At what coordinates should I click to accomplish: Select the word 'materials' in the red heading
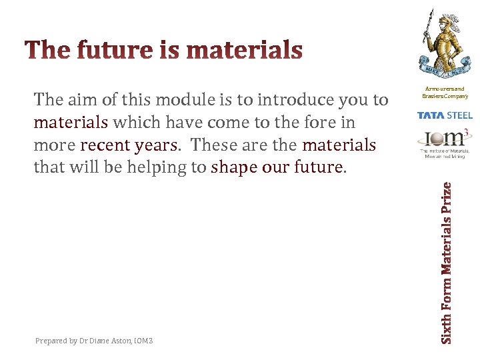245,50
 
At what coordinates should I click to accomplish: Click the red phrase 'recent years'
130,145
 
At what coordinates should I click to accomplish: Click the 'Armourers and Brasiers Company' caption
443,92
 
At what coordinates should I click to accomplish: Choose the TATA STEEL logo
444,115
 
